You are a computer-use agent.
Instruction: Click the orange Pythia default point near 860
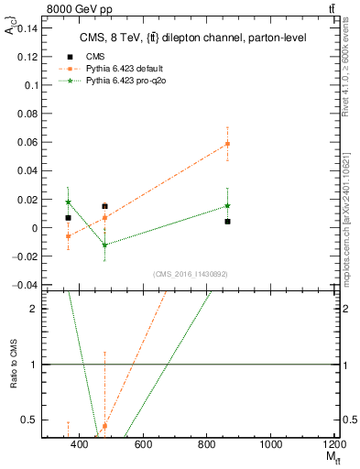(227, 144)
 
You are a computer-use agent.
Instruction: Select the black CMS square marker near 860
(227, 222)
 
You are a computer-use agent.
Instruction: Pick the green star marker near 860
(227, 206)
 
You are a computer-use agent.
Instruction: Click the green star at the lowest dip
(104, 245)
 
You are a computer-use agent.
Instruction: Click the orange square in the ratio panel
(104, 426)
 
